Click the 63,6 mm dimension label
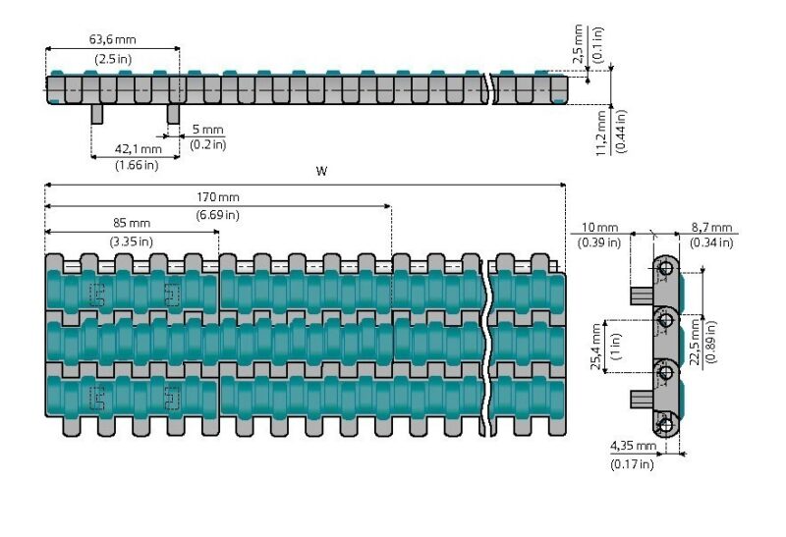click(x=112, y=40)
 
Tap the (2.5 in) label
click(x=113, y=59)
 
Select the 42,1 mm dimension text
click(x=139, y=148)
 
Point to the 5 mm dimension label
click(x=207, y=129)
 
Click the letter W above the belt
click(x=321, y=171)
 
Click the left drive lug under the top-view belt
click(x=97, y=115)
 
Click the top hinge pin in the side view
click(x=666, y=269)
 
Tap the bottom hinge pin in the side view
click(x=666, y=425)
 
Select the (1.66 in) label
click(x=137, y=165)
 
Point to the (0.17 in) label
click(x=632, y=463)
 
